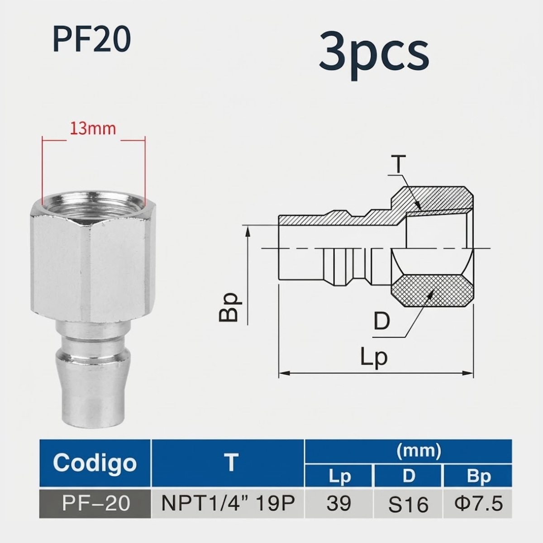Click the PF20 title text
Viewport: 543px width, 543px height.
pos(92,38)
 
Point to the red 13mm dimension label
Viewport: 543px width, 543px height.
pos(93,129)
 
